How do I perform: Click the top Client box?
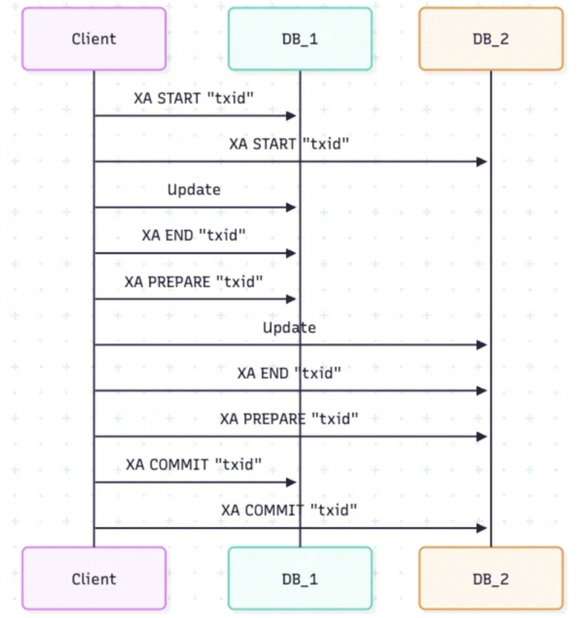pos(94,39)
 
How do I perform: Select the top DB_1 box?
pos(300,39)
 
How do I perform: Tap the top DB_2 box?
pos(491,39)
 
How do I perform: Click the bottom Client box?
pos(94,578)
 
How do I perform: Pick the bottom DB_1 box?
pos(300,578)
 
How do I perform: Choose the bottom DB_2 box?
pos(491,578)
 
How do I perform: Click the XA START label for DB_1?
pos(194,98)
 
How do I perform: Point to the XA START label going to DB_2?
pos(289,144)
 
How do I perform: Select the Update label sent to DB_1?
pos(194,190)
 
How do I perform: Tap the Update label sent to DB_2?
pos(289,327)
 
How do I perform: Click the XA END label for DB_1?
pos(194,235)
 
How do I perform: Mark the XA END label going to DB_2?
pos(289,373)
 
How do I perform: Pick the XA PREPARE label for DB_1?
pos(194,281)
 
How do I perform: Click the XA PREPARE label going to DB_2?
pos(289,419)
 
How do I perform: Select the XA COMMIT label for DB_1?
pos(194,464)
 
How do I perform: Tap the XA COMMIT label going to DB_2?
pos(289,510)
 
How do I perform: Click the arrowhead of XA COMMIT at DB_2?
pos(482,528)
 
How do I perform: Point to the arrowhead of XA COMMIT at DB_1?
pos(291,483)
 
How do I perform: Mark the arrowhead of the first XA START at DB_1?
pos(291,116)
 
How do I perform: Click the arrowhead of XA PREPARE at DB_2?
pos(482,437)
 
